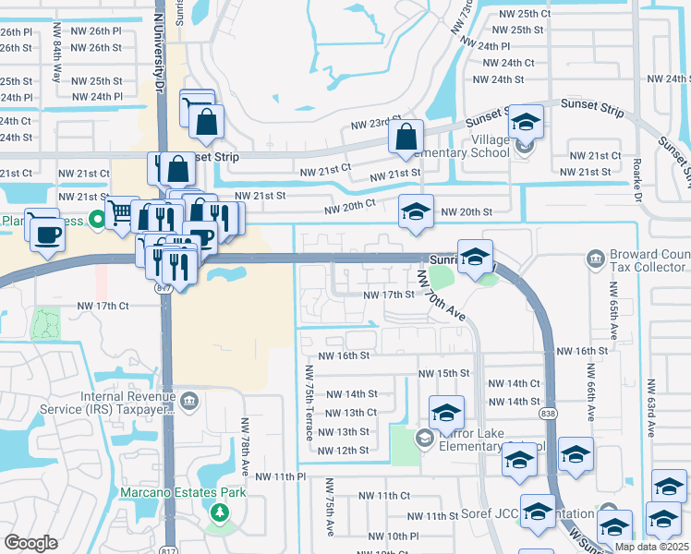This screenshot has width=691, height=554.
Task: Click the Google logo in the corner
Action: tap(30, 543)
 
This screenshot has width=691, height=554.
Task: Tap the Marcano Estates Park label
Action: tap(183, 492)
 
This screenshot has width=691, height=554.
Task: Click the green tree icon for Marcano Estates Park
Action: tap(220, 512)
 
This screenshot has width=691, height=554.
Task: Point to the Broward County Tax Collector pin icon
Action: tap(594, 256)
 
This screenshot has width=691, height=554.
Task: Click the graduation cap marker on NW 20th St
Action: tap(416, 212)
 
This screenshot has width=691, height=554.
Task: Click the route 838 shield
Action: tap(549, 413)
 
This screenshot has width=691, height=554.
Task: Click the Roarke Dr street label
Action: tap(637, 176)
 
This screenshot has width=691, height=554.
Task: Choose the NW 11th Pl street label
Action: tap(282, 476)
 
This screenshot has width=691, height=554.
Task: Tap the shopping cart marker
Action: tap(119, 212)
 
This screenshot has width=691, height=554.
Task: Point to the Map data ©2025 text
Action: tap(652, 546)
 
